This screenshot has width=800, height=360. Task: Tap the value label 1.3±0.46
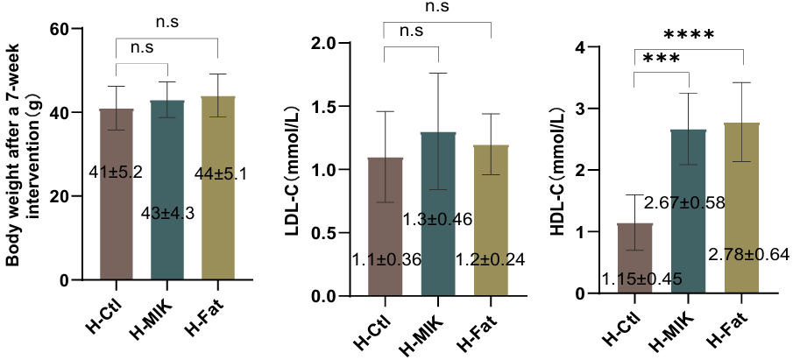point(438,220)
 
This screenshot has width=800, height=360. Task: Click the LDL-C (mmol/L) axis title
point(297,170)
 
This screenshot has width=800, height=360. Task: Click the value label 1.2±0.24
point(490,259)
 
